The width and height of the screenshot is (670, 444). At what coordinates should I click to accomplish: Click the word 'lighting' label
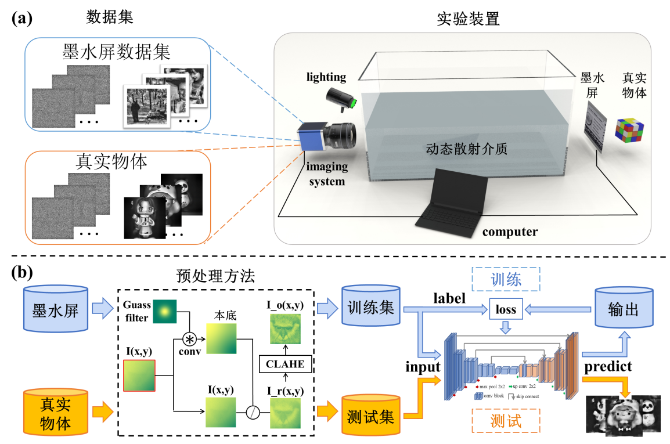pyautogui.click(x=326, y=77)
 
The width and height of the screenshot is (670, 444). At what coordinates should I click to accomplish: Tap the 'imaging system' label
pyautogui.click(x=327, y=174)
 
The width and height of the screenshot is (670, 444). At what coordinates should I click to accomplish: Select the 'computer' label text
pyautogui.click(x=510, y=232)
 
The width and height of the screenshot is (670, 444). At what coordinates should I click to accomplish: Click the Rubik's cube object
pyautogui.click(x=629, y=130)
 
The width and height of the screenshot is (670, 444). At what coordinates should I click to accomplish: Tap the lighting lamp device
pyautogui.click(x=341, y=99)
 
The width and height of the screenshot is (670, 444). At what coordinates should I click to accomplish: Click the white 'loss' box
pyautogui.click(x=506, y=309)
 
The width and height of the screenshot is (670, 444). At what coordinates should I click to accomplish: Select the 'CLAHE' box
pyautogui.click(x=284, y=364)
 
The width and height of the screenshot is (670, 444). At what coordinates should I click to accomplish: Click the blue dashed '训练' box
pyautogui.click(x=506, y=279)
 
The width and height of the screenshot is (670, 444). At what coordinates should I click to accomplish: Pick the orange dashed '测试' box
pyautogui.click(x=506, y=421)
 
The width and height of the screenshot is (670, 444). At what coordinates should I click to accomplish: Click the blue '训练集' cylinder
pyautogui.click(x=370, y=308)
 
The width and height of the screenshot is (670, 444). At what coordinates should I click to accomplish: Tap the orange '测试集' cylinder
pyautogui.click(x=370, y=416)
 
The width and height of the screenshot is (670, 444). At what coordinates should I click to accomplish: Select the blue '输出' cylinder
pyautogui.click(x=624, y=309)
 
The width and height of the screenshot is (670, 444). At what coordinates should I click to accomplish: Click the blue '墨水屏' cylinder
pyautogui.click(x=55, y=309)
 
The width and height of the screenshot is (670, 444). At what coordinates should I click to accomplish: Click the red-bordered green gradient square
pyautogui.click(x=139, y=376)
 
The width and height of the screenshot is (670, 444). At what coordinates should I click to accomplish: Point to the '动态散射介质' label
pyautogui.click(x=466, y=149)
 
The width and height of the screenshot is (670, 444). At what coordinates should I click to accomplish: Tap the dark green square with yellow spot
pyautogui.click(x=164, y=312)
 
